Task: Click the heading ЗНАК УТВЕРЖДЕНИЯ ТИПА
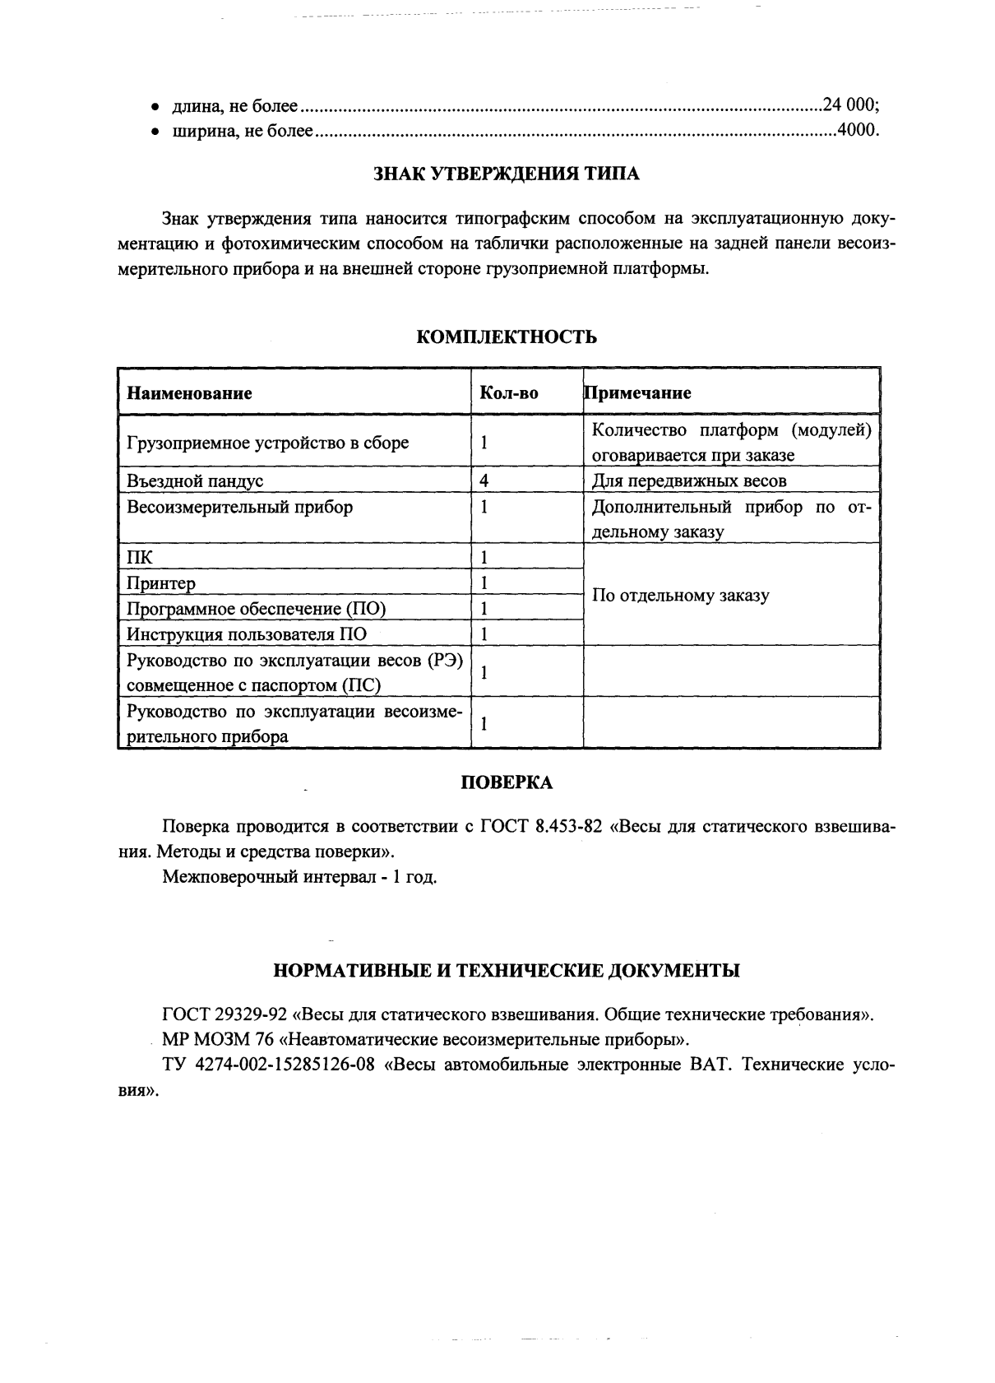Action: [506, 174]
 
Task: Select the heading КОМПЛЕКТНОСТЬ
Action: [506, 337]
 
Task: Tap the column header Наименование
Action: [189, 393]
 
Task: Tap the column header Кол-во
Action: [508, 393]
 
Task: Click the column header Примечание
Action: [638, 393]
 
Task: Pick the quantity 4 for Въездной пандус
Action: [485, 480]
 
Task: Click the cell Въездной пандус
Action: [195, 480]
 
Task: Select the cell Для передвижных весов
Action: [689, 480]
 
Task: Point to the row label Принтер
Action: [161, 583]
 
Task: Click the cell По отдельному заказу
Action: [680, 596]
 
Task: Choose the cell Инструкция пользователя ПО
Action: [247, 634]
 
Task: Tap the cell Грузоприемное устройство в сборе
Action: [267, 443]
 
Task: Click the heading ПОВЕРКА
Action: [506, 783]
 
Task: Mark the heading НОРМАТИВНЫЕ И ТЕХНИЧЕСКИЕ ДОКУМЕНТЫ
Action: [506, 971]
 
